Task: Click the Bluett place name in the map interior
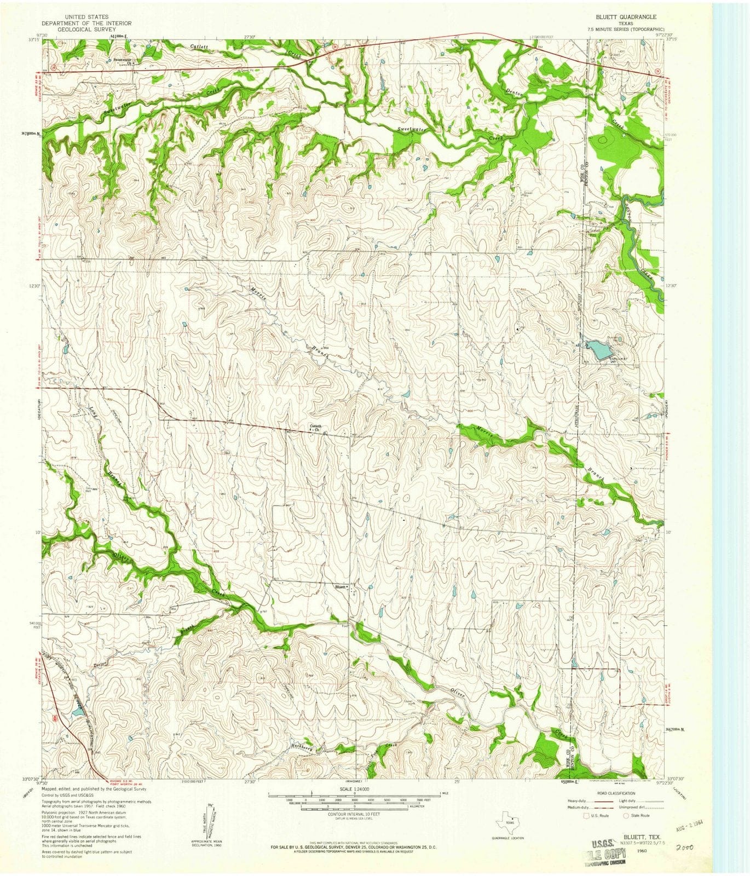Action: pos(340,585)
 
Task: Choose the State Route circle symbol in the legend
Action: pos(626,816)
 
